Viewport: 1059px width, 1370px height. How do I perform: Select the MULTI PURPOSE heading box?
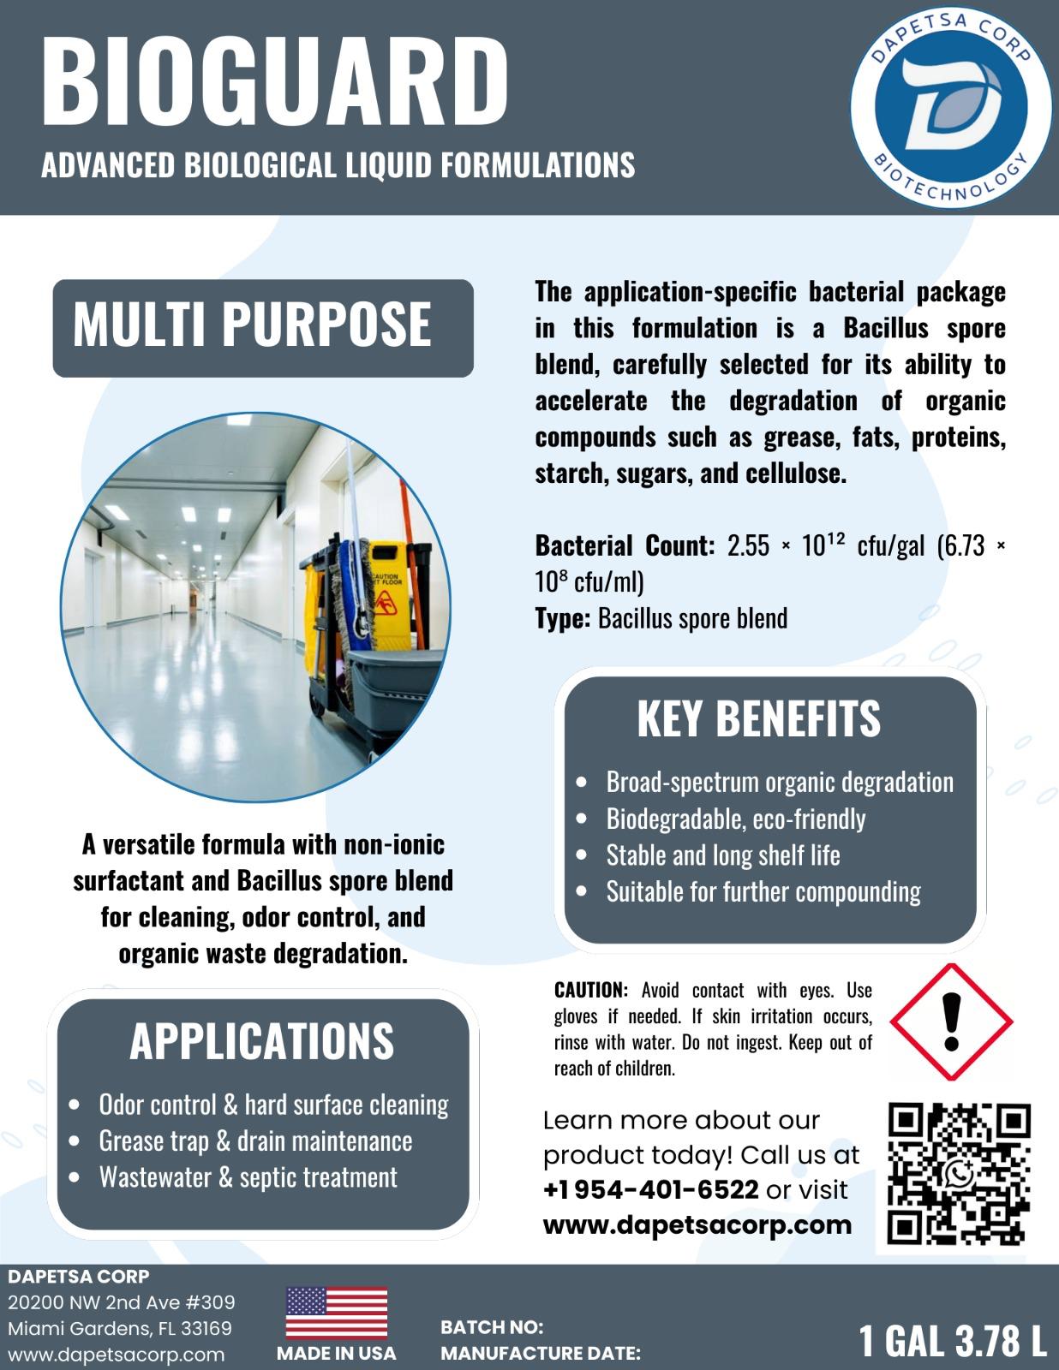262,327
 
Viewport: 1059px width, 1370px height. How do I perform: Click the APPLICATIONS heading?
261,1040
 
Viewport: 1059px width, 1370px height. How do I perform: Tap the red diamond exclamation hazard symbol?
950,1022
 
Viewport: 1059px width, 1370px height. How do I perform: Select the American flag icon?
336,1313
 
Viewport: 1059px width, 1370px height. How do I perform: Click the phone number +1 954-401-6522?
651,1189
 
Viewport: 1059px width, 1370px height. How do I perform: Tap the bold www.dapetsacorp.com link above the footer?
697,1224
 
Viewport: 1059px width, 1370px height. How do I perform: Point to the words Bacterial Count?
625,545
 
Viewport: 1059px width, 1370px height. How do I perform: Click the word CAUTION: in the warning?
591,991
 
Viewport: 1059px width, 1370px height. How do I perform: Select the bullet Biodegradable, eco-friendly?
735,819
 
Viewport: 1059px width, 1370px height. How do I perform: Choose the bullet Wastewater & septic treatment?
248,1177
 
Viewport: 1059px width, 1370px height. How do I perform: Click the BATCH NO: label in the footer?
492,1327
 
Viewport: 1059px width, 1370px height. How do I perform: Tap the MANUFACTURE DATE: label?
540,1354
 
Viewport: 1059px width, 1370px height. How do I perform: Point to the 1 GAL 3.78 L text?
953,1341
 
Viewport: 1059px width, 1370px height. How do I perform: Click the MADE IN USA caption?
336,1354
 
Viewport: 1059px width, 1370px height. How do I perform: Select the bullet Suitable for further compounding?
763,892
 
